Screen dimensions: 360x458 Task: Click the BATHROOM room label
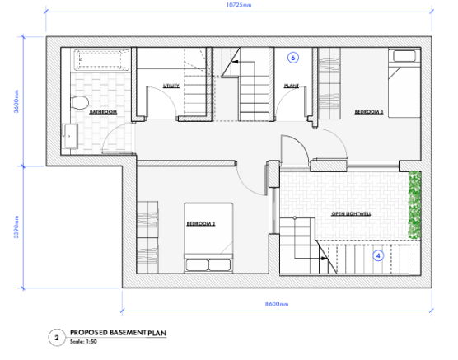coord(103,111)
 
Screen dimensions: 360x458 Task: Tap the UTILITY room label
coord(171,85)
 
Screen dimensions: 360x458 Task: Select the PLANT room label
coord(291,85)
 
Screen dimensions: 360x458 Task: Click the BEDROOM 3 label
coord(369,111)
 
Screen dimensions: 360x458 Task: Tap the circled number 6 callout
coord(292,58)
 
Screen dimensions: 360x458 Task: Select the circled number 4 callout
coord(378,255)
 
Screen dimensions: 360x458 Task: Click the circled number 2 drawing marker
coord(56,337)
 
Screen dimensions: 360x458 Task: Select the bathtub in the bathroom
coord(100,60)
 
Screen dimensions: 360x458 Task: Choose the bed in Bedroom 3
coord(404,86)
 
